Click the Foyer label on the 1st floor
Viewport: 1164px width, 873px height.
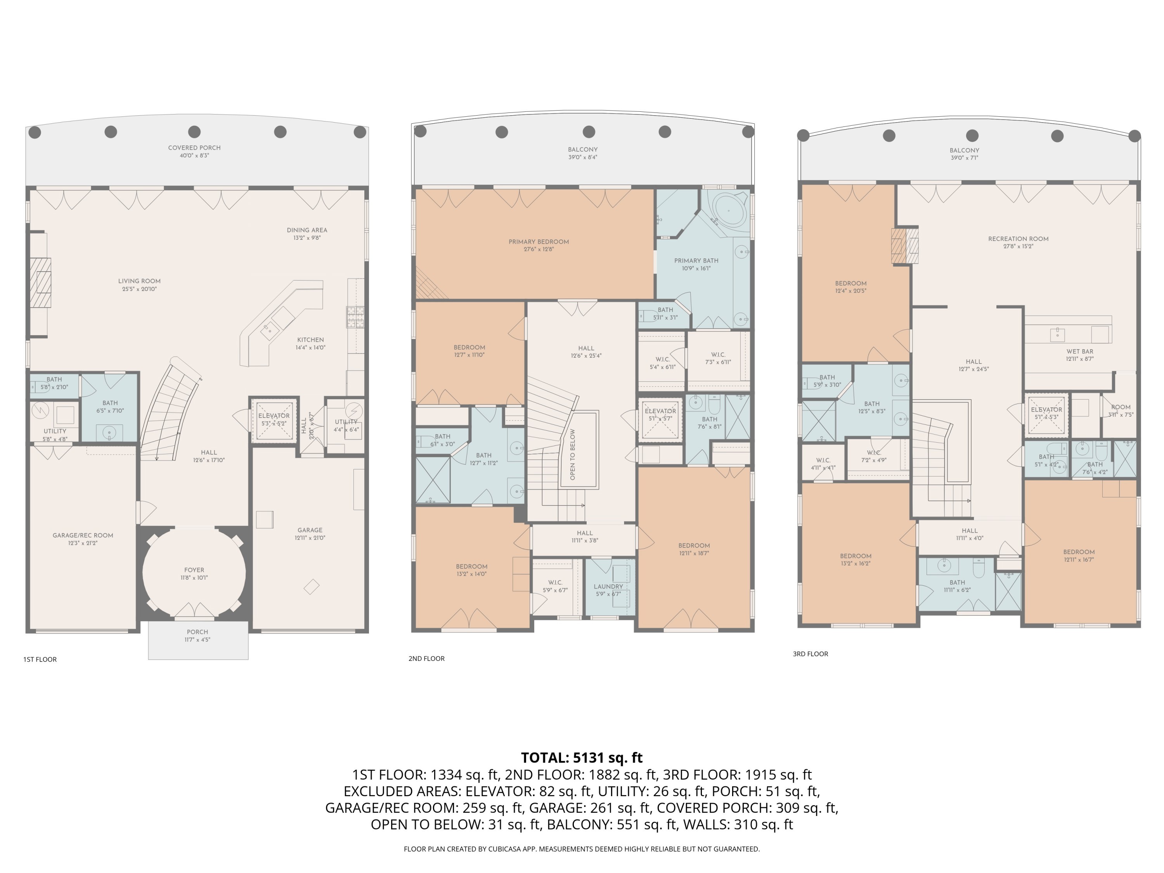(194, 570)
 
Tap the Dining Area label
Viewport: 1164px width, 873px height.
(307, 230)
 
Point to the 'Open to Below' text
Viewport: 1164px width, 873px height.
(573, 454)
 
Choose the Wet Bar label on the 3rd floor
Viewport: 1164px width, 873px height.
(1080, 352)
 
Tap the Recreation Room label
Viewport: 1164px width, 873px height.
(1018, 239)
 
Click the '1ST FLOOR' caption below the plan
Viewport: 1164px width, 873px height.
(40, 659)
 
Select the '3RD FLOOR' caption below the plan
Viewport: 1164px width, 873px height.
(811, 654)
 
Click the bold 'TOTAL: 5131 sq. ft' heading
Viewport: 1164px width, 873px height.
(582, 758)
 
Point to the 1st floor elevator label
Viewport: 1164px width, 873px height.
(274, 416)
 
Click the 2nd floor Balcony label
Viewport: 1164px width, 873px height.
(582, 149)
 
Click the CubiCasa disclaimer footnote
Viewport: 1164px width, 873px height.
(582, 849)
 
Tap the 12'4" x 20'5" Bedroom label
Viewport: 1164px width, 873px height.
(850, 283)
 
